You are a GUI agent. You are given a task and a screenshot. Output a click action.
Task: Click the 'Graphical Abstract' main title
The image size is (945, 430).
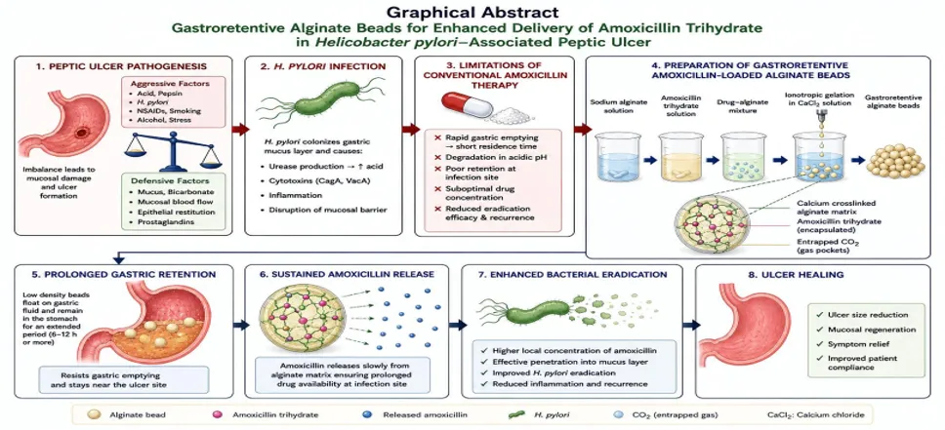pyautogui.click(x=472, y=12)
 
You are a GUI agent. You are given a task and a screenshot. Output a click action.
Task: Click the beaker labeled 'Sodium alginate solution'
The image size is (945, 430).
pyautogui.click(x=617, y=157)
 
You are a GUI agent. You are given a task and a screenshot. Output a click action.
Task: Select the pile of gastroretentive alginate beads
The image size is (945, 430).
pyautogui.click(x=896, y=160)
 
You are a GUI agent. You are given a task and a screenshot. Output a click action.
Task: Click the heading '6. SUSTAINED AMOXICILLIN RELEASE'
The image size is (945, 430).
pyautogui.click(x=345, y=274)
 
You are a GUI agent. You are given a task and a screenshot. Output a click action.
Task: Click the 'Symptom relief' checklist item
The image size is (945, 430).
pyautogui.click(x=853, y=344)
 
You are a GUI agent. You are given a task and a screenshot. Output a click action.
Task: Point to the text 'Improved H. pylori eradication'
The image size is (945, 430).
pyautogui.click(x=546, y=372)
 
